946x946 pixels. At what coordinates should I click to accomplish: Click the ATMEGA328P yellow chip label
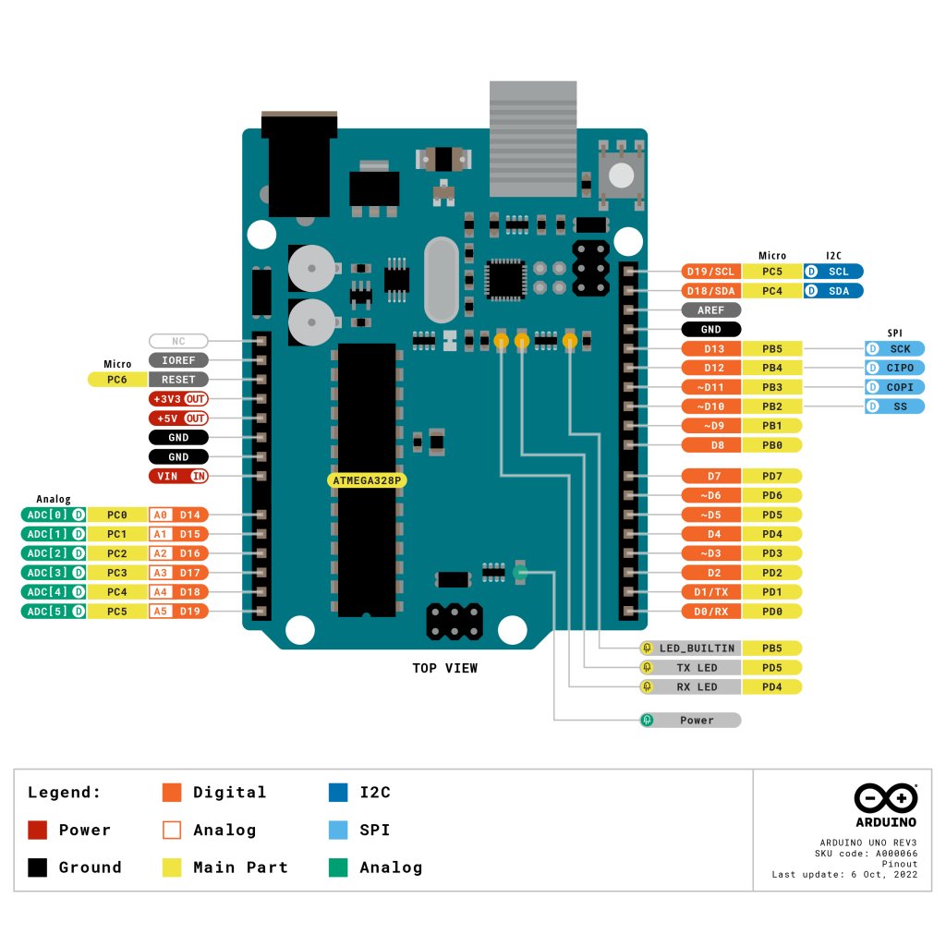pyautogui.click(x=369, y=480)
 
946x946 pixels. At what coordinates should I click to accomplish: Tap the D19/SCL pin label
pyautogui.click(x=710, y=272)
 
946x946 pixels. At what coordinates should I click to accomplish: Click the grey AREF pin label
pyautogui.click(x=710, y=310)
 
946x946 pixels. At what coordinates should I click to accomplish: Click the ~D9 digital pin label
pyautogui.click(x=710, y=426)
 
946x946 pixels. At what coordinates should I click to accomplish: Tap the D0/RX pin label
pyautogui.click(x=710, y=611)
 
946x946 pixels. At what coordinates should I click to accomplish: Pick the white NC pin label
pyautogui.click(x=178, y=341)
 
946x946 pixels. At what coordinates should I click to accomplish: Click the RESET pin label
pyautogui.click(x=178, y=380)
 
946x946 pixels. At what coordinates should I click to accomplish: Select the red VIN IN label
pyautogui.click(x=178, y=476)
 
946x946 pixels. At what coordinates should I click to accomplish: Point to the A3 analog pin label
pyautogui.click(x=161, y=573)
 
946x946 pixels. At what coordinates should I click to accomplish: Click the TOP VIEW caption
pyautogui.click(x=444, y=668)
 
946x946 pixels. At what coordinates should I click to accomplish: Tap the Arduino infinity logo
pyautogui.click(x=885, y=798)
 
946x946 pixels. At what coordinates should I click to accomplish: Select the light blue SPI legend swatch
pyautogui.click(x=338, y=830)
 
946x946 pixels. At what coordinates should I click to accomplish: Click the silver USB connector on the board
pyautogui.click(x=532, y=139)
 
